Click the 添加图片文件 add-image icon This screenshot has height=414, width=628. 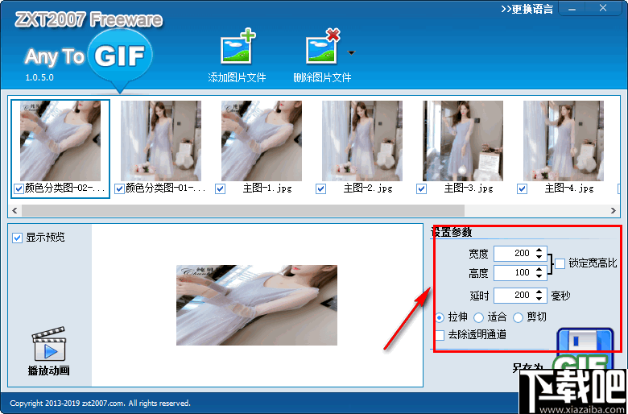(238, 48)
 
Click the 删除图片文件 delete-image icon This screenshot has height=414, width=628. (322, 48)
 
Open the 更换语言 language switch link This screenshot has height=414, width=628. (527, 9)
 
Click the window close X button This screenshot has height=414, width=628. (601, 8)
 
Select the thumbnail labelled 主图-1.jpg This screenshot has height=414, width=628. (261, 141)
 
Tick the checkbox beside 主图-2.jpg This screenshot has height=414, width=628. (321, 188)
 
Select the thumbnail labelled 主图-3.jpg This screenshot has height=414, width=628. (463, 141)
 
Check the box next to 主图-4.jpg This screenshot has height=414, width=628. (522, 188)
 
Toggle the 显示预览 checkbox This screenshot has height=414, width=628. (18, 238)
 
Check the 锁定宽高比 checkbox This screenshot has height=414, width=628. (560, 263)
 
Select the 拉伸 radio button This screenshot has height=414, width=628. (440, 317)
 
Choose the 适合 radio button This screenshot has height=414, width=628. (479, 317)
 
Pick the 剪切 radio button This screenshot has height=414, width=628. (518, 317)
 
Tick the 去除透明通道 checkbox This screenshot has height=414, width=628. (440, 334)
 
